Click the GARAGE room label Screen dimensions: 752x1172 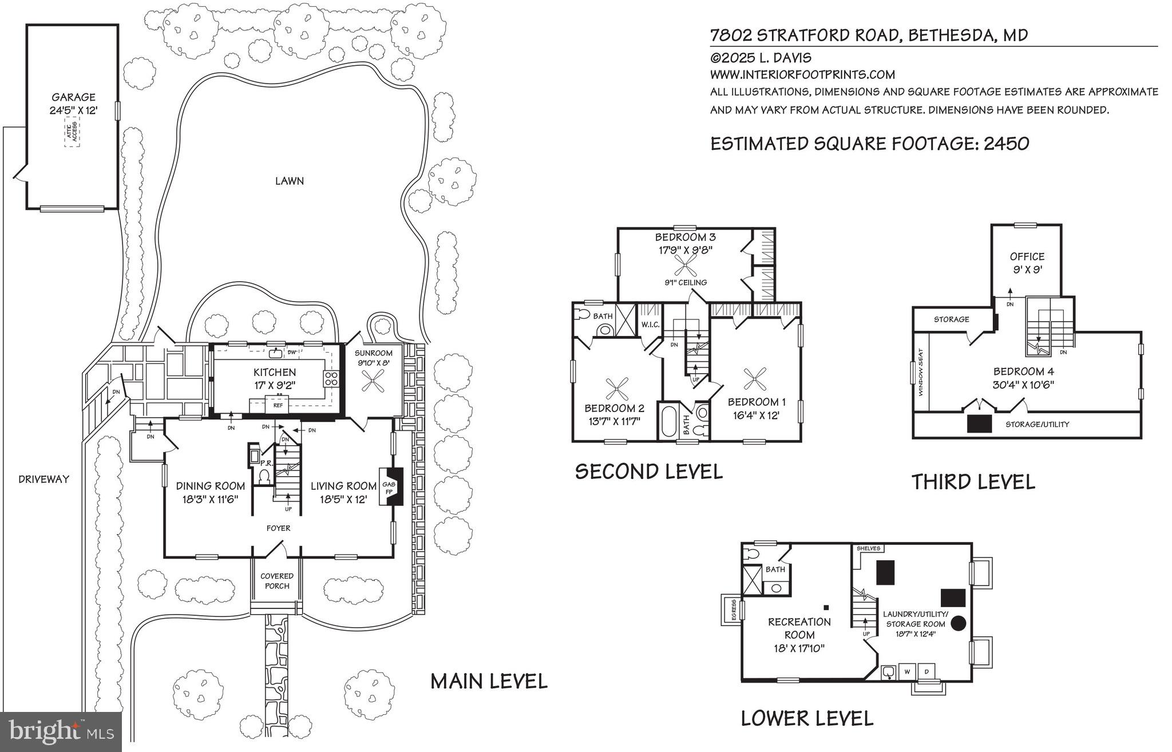pyautogui.click(x=73, y=97)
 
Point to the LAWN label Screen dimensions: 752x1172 pyautogui.click(x=289, y=181)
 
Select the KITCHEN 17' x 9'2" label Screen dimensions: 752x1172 pyautogui.click(x=275, y=378)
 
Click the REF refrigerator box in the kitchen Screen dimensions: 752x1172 pyautogui.click(x=278, y=405)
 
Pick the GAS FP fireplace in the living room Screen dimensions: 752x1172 pyautogui.click(x=392, y=486)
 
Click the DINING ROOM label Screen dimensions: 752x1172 pyautogui.click(x=210, y=486)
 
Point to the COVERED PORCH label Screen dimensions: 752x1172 pyautogui.click(x=277, y=581)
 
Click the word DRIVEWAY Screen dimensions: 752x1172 pyautogui.click(x=43, y=480)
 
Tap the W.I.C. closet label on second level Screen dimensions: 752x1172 pyautogui.click(x=651, y=324)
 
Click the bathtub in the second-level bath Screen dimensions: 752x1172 pyautogui.click(x=668, y=422)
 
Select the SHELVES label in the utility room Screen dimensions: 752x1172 pyautogui.click(x=868, y=548)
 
